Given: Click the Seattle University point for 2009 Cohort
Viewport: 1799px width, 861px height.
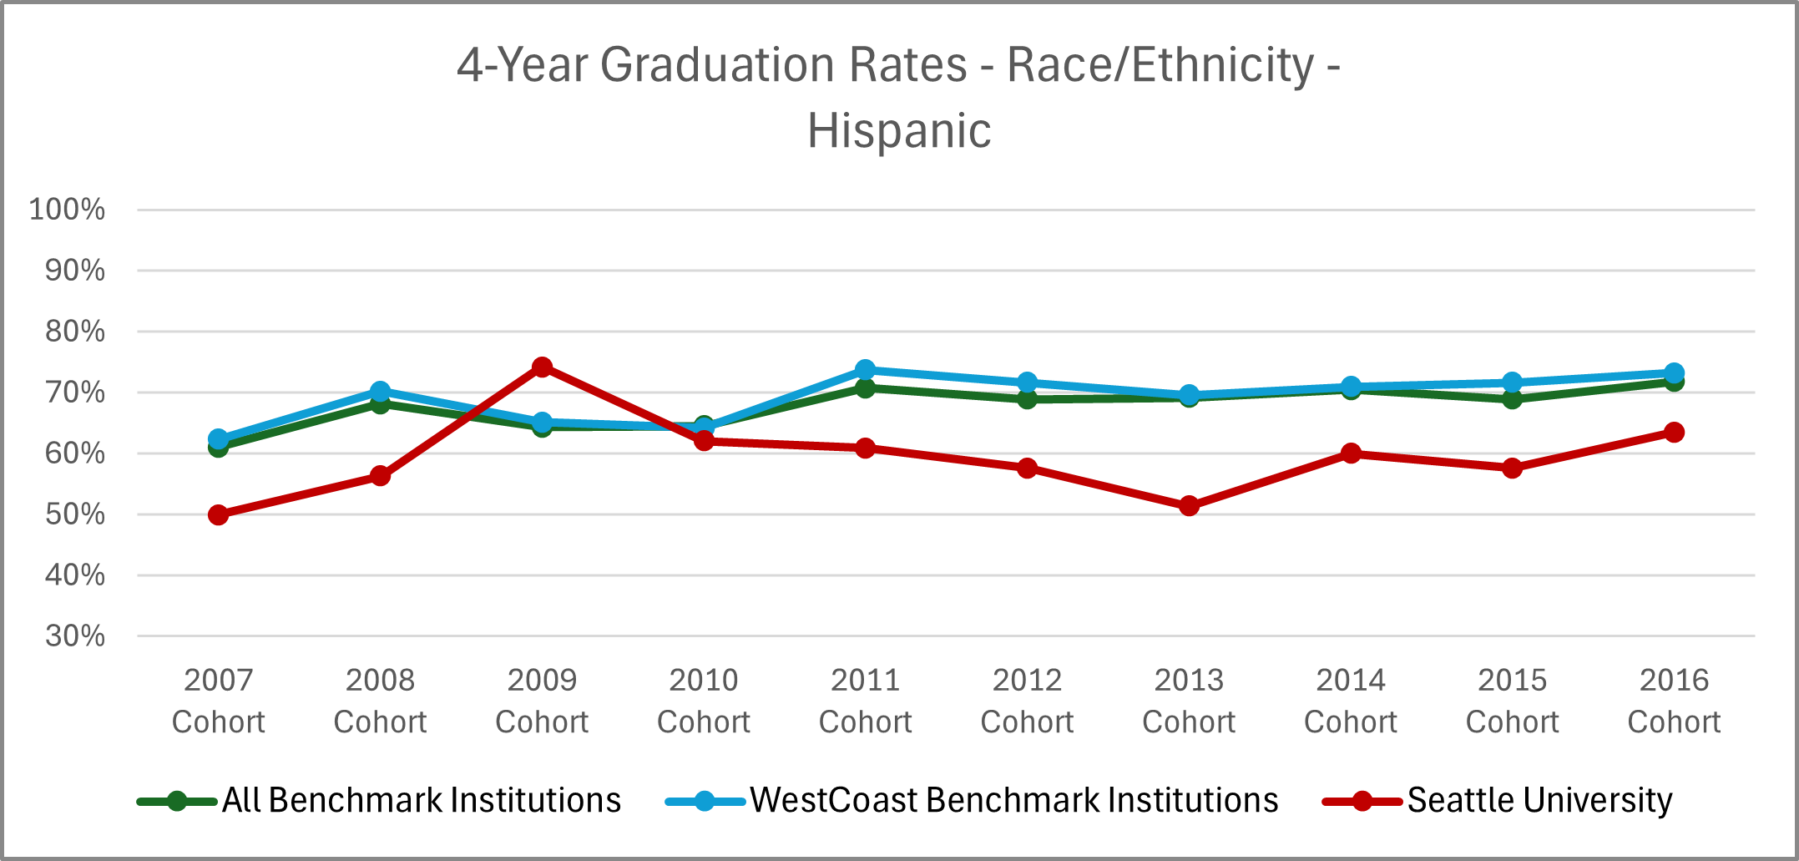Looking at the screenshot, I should [x=542, y=367].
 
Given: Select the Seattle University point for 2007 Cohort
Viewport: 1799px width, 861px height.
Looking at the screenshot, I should [x=219, y=514].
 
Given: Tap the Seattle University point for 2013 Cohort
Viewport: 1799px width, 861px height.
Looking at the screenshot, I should [x=1189, y=506].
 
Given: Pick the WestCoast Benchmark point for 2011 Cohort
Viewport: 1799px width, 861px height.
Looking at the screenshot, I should [x=866, y=370].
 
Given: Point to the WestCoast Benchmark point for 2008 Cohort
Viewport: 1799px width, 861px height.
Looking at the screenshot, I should [x=380, y=392].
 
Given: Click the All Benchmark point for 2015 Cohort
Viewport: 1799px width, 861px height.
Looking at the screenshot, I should [x=1512, y=398].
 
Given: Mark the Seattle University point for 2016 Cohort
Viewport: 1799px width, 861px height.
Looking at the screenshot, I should [x=1674, y=433].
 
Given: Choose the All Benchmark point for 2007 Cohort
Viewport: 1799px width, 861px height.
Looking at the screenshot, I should [x=219, y=448].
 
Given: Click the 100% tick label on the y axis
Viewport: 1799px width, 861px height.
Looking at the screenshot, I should [x=67, y=210].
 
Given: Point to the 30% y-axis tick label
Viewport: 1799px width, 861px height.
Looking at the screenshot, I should [x=75, y=636].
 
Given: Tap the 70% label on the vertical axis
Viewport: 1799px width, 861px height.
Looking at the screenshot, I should [x=75, y=393].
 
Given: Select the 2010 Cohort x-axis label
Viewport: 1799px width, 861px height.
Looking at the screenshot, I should [x=704, y=701].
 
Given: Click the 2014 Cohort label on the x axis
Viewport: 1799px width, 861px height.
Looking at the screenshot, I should [x=1351, y=701].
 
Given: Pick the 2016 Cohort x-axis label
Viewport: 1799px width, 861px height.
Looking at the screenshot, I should [x=1674, y=701].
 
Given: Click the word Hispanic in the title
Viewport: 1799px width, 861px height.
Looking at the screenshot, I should [x=899, y=131].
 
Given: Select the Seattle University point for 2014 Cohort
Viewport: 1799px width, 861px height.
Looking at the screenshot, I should [x=1351, y=453].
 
